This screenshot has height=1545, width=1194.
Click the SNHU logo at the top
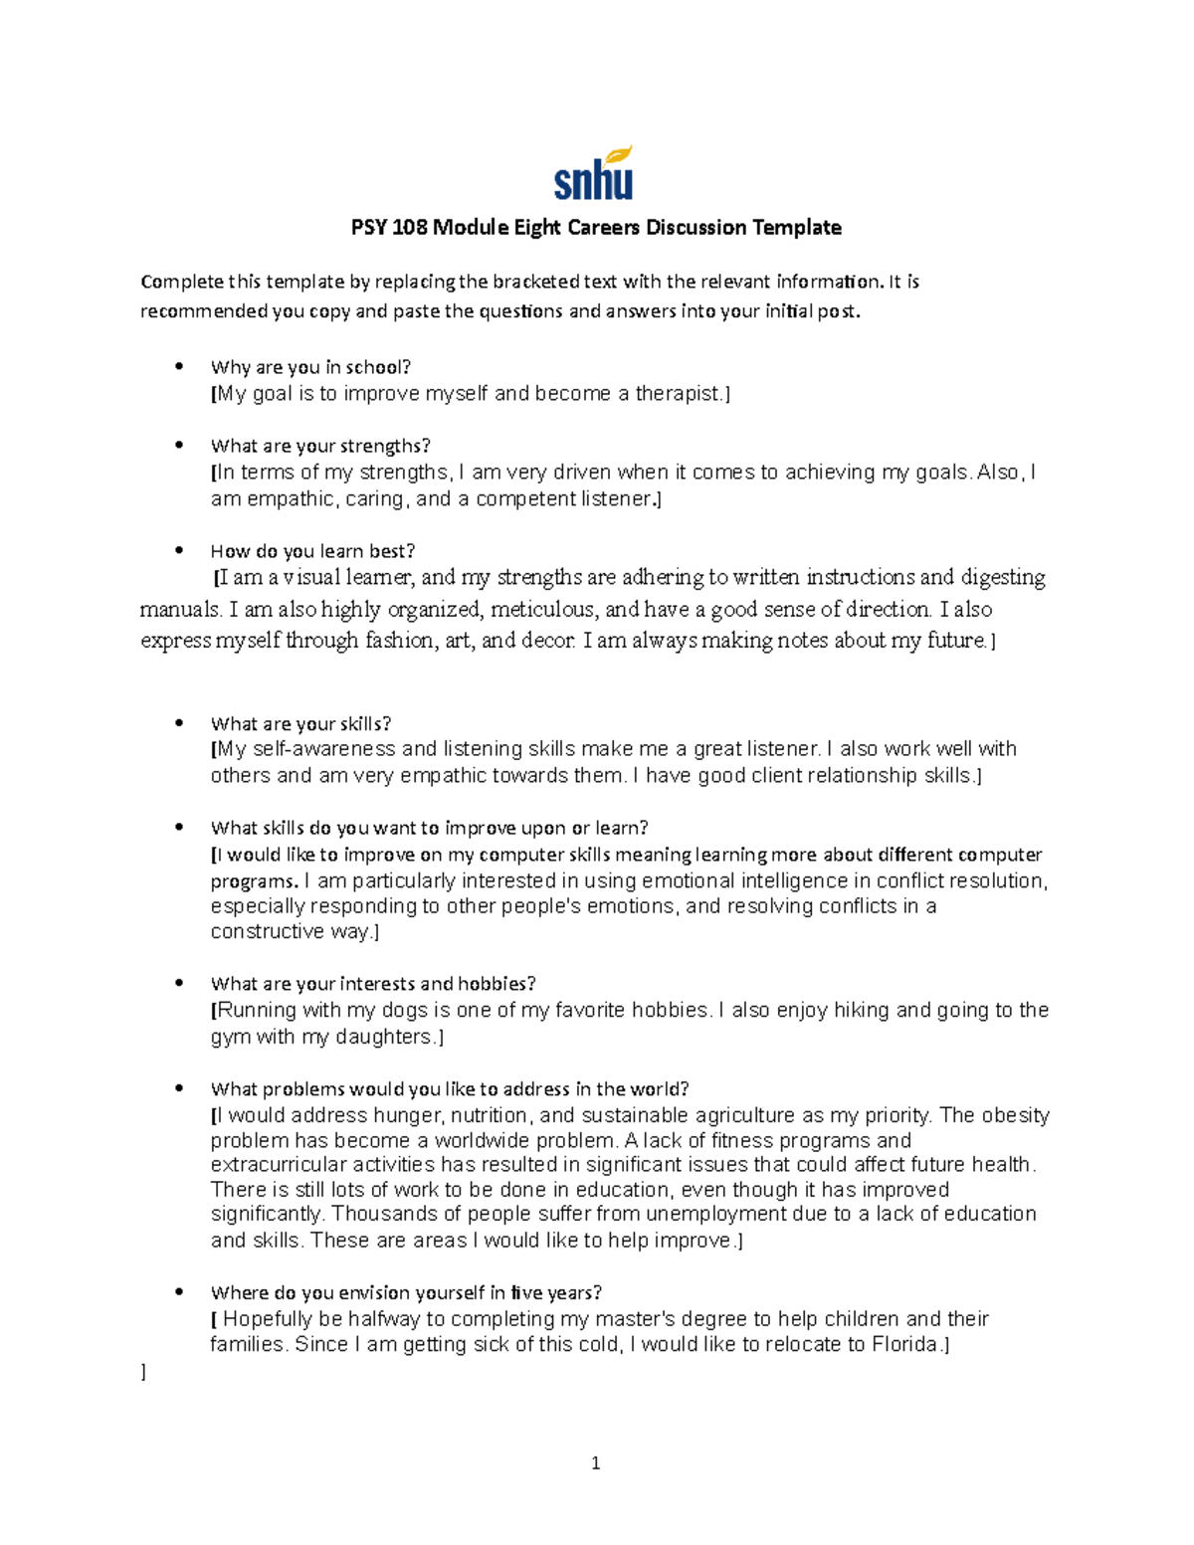coord(594,174)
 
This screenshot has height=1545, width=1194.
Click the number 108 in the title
coord(411,228)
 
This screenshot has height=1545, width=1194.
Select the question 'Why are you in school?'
coord(310,367)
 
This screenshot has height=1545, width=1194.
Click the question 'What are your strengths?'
coord(320,446)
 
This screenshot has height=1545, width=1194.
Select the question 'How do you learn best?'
coord(312,551)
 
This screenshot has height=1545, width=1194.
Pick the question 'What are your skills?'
coord(300,724)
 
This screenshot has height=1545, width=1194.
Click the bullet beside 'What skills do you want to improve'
coord(179,828)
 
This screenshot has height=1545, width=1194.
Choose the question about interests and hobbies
coord(373,984)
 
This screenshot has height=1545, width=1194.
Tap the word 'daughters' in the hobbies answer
coord(384,1037)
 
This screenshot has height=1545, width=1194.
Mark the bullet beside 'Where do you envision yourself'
coord(179,1292)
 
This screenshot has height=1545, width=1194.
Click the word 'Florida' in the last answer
coord(904,1345)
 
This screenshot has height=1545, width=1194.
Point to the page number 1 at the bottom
coord(595,1463)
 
